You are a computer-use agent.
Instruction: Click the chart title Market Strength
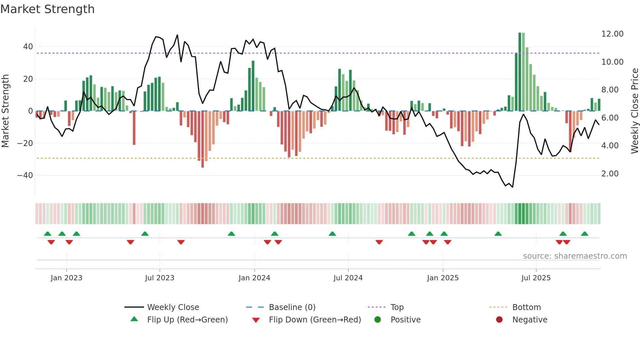pyautogui.click(x=47, y=9)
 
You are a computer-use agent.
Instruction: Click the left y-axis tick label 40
pyautogui.click(x=28, y=47)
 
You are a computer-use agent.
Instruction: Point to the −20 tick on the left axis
pyautogui.click(x=25, y=143)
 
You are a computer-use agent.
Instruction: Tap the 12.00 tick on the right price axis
pyautogui.click(x=612, y=34)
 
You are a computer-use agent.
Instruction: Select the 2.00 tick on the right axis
pyautogui.click(x=610, y=174)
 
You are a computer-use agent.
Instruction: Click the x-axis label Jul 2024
pyautogui.click(x=348, y=278)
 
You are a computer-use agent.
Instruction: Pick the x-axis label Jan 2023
pyautogui.click(x=66, y=278)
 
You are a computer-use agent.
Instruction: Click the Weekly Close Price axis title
pyautogui.click(x=634, y=111)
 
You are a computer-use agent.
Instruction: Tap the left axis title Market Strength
pyautogui.click(x=5, y=111)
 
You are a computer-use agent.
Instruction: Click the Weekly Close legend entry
pyautogui.click(x=173, y=307)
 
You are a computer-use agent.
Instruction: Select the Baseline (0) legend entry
pyautogui.click(x=292, y=307)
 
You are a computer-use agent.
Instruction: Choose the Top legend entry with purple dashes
pyautogui.click(x=397, y=307)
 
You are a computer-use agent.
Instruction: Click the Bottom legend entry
pyautogui.click(x=526, y=307)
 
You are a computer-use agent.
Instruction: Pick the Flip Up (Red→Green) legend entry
pyautogui.click(x=187, y=320)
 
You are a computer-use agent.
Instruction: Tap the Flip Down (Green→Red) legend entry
pyautogui.click(x=315, y=320)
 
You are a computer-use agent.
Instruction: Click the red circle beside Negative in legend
pyautogui.click(x=499, y=319)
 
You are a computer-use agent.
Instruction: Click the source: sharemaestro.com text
pyautogui.click(x=575, y=256)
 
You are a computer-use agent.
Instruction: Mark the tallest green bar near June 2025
pyautogui.click(x=520, y=72)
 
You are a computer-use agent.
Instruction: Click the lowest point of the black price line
pyautogui.click(x=512, y=187)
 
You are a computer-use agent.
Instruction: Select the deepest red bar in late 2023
pyautogui.click(x=202, y=139)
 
